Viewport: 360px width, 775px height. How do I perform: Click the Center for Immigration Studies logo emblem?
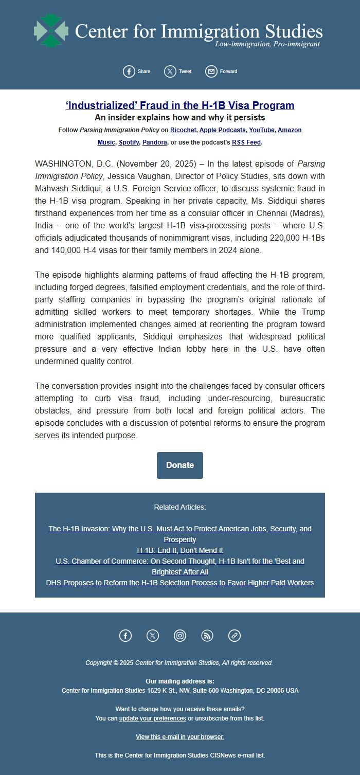coord(51,31)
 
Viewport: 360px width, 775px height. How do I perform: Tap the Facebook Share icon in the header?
coord(129,71)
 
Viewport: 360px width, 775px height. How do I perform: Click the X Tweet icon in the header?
coord(170,71)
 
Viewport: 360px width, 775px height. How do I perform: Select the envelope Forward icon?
coord(211,71)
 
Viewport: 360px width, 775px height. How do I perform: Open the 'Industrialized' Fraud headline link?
coord(180,105)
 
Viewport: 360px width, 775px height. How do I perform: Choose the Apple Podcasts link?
coord(222,130)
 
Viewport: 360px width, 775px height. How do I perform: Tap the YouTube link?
coord(262,130)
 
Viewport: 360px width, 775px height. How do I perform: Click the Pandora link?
coord(154,142)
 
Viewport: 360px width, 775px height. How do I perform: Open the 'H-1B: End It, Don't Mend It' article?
coord(180,550)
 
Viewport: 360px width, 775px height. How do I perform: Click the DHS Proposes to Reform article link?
coord(180,583)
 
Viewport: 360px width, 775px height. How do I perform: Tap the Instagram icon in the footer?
coord(180,636)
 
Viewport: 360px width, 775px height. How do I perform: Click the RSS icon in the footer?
coord(207,636)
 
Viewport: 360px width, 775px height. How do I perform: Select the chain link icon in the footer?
coord(235,636)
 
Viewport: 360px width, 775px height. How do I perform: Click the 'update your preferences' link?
coord(152,718)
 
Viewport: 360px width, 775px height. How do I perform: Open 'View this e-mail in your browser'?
coord(180,737)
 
